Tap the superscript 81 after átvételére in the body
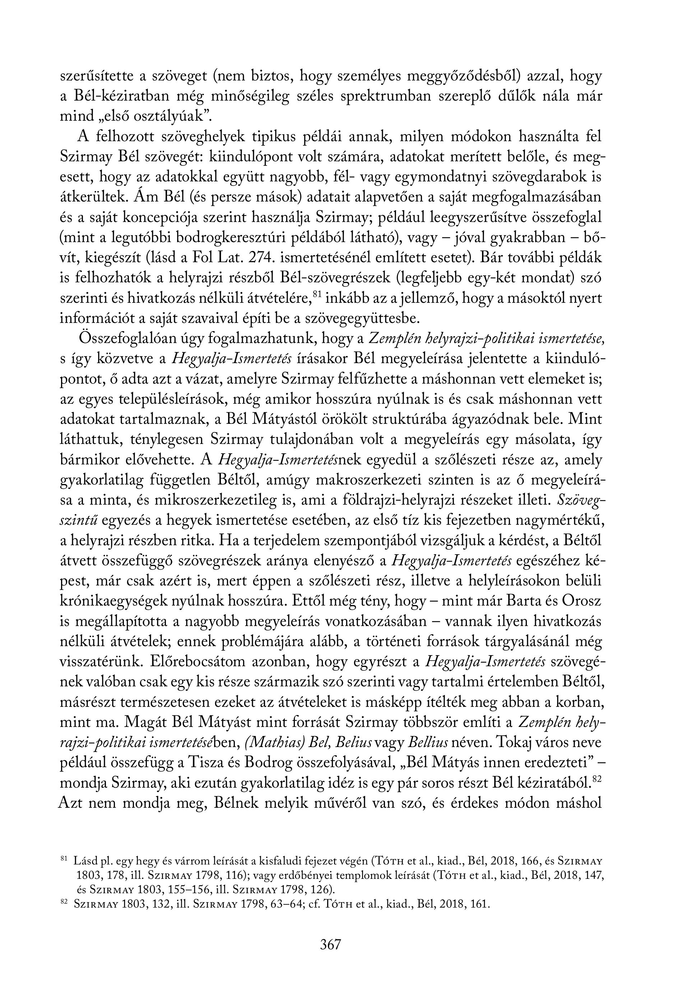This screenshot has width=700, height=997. [317, 295]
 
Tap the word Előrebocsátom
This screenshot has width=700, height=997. [195, 662]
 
